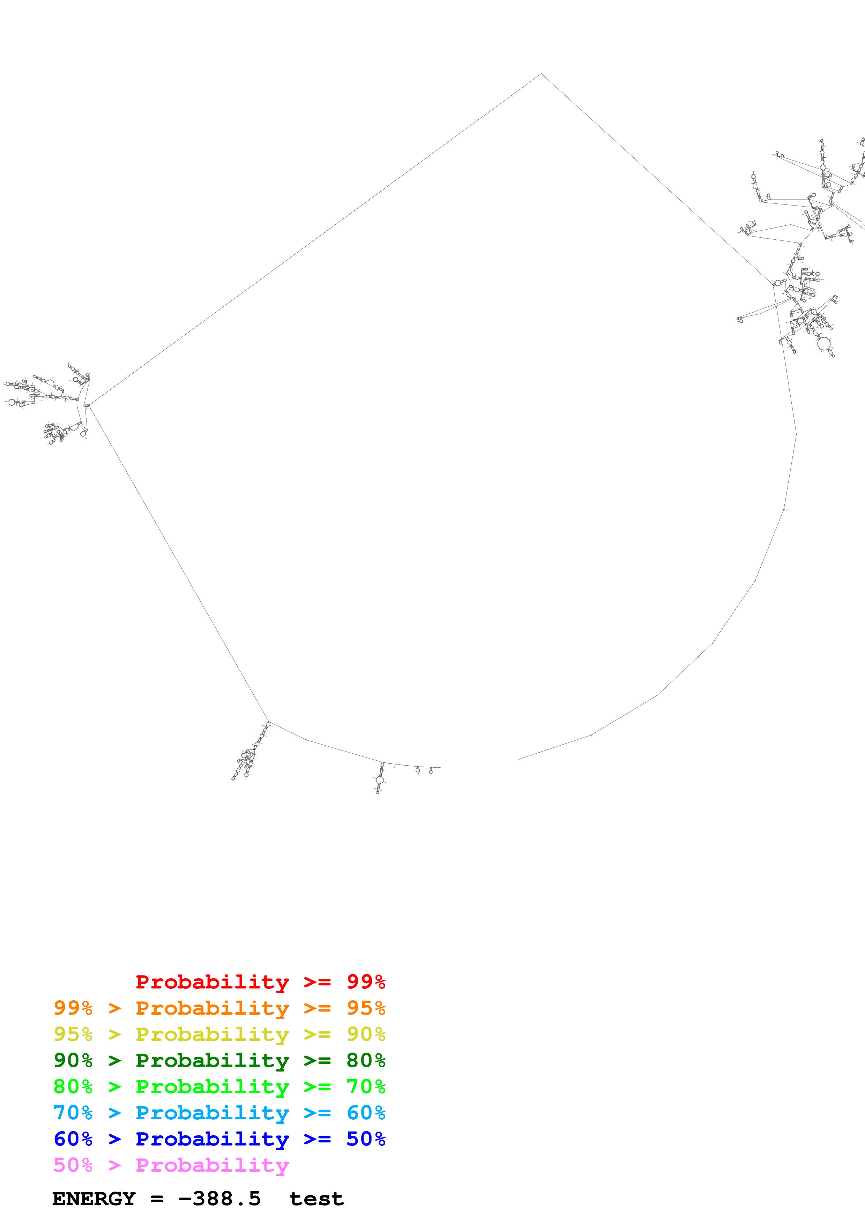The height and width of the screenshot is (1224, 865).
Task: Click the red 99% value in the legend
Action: (366, 982)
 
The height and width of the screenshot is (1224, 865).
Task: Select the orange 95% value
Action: (366, 1008)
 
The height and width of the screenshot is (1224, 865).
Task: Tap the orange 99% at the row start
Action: (73, 1008)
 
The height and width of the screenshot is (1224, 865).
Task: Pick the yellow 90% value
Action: (366, 1034)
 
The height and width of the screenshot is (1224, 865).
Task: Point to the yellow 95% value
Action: (73, 1034)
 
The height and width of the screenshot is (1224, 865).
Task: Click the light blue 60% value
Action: (366, 1113)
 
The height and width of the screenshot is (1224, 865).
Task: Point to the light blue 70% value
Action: (73, 1113)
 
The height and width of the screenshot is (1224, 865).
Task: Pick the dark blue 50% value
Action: (366, 1139)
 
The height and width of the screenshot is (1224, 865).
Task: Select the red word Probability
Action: (212, 982)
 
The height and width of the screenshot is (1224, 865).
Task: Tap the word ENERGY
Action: (94, 1199)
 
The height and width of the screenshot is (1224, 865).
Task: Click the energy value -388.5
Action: (219, 1199)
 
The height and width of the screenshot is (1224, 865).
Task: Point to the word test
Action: (316, 1199)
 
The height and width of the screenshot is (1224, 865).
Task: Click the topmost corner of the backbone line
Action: (542, 74)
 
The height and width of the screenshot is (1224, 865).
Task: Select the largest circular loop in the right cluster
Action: (824, 344)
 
